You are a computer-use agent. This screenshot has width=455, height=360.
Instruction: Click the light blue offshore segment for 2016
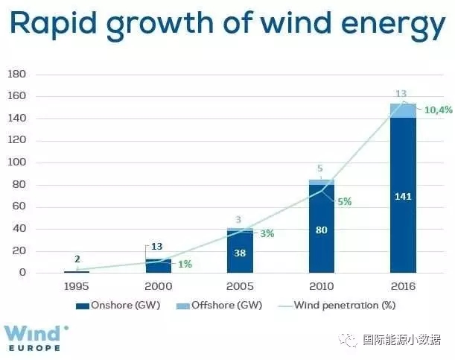pos(403,110)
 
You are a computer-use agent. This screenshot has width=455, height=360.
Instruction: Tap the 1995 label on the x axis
pos(77,286)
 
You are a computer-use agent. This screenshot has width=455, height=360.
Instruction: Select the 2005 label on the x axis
pos(241,286)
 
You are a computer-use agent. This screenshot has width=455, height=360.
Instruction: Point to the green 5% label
pos(344,201)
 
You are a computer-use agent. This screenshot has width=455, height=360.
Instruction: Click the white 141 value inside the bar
pos(403,198)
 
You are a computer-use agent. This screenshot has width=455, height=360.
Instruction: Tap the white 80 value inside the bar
pos(322,230)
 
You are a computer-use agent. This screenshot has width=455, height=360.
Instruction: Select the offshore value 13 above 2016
pos(402,94)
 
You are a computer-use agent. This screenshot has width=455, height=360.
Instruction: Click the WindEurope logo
pos(37,337)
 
